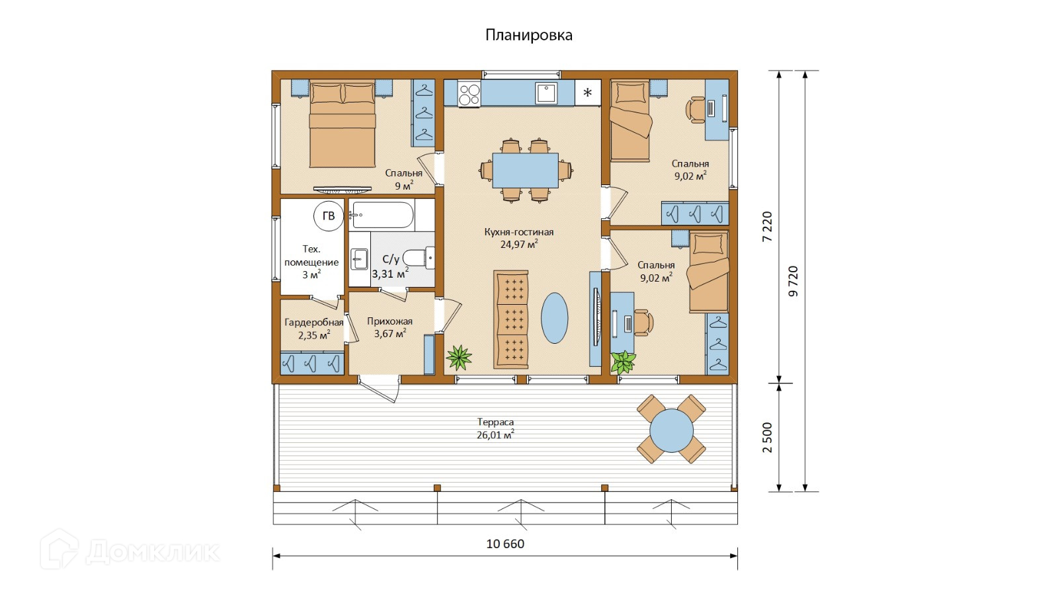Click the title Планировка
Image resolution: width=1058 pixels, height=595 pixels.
coord(528,36)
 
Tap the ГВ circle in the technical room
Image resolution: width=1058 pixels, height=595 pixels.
coord(328,216)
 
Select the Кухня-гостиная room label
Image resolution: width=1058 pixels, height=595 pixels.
coord(518,232)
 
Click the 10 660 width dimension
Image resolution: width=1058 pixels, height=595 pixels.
coord(505,544)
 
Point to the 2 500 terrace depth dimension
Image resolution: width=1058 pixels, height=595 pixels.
coord(768,438)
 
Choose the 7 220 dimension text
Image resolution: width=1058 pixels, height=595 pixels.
coord(768,227)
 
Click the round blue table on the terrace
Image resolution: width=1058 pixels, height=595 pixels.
coord(671,430)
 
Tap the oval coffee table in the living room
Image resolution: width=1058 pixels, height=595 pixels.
coord(554,318)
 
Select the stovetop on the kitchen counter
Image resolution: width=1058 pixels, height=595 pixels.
coord(469,93)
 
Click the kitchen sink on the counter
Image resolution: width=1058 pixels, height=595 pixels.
coord(546,93)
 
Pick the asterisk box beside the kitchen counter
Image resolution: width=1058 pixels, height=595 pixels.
coord(588,93)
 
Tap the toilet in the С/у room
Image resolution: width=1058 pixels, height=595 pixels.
coord(418,258)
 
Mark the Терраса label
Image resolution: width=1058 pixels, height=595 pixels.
coord(495,422)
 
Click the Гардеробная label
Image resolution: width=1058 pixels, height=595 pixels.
coord(313,323)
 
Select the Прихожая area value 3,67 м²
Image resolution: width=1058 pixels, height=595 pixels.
coord(390,333)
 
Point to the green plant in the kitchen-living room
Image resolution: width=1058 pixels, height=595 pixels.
coord(459,358)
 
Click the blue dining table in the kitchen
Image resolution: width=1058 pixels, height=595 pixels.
coord(525,171)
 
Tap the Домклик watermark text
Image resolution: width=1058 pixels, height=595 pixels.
coord(152,551)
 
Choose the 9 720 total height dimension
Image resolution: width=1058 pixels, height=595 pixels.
coord(793,281)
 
